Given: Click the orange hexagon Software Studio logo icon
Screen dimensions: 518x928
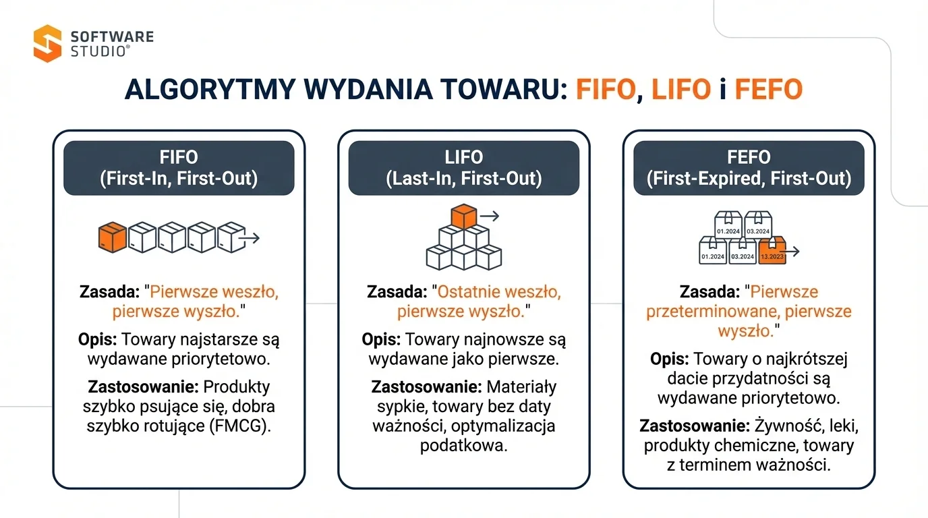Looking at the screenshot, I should point(47,43).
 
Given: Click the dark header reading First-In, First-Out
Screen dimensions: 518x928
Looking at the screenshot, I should point(179,168).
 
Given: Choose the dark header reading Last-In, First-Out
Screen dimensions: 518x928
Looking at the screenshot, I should point(464,168).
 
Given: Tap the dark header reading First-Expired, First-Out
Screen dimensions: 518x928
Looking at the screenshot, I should point(749,168).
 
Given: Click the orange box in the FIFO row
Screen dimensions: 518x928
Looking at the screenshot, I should point(113,237).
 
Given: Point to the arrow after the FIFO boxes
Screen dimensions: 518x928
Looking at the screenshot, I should point(252,238).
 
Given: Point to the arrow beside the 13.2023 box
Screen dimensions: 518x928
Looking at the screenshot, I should point(794,252).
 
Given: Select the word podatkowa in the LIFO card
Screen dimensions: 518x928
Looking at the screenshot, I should point(463,445).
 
